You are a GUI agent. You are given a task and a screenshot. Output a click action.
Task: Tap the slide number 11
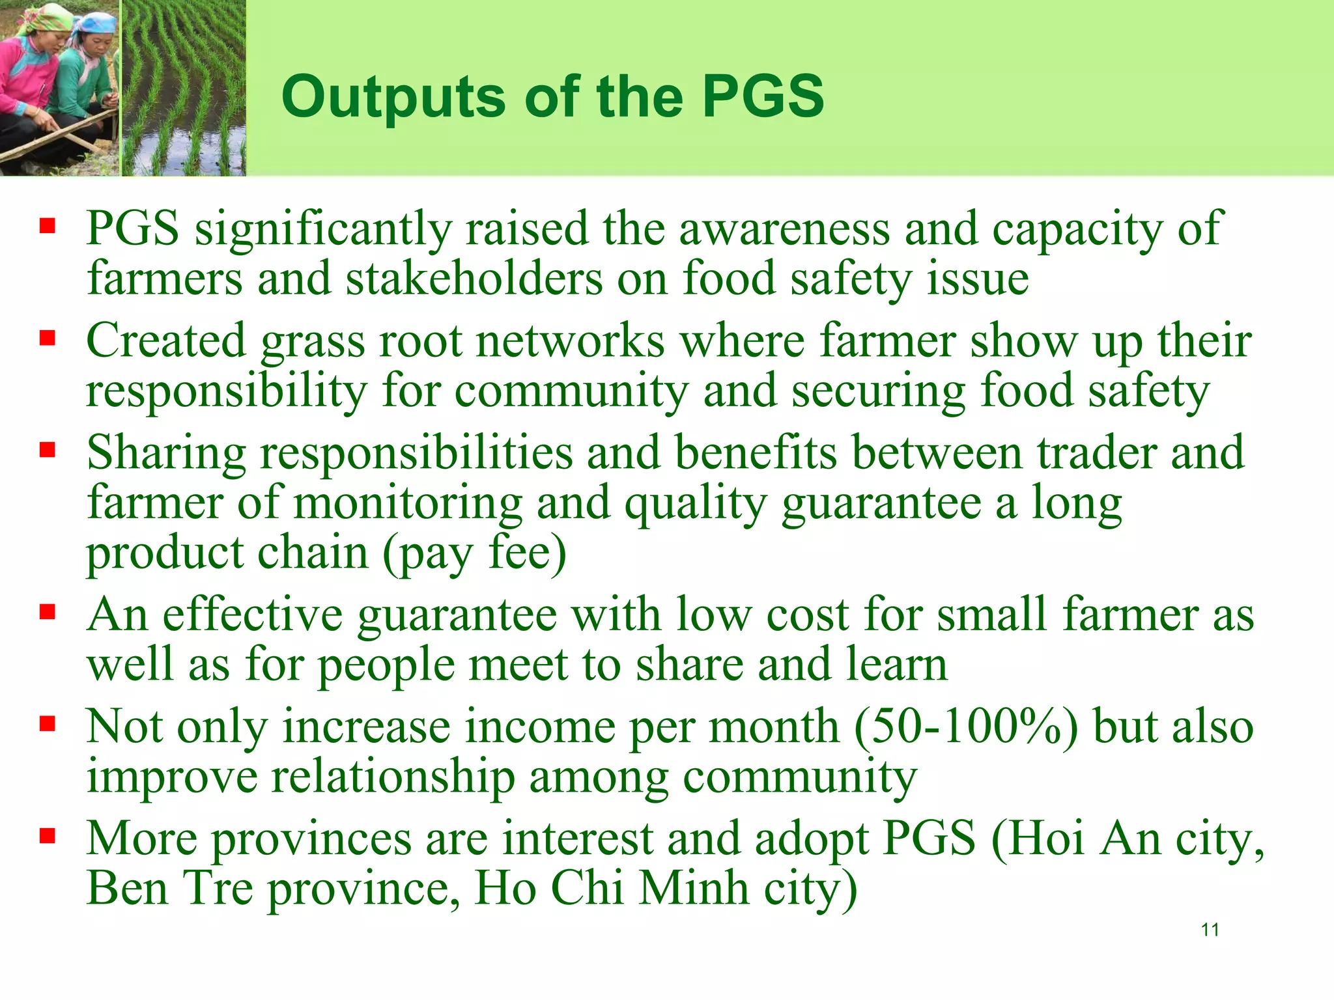point(1210,930)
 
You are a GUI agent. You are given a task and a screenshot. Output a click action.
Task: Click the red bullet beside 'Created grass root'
point(48,338)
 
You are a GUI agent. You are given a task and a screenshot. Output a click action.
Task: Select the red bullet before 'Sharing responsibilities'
point(48,450)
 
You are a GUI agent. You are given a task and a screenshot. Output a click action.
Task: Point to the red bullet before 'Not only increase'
point(48,723)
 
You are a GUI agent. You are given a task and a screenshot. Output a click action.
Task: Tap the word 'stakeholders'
point(474,279)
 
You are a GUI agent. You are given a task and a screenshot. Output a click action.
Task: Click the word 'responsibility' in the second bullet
point(227,392)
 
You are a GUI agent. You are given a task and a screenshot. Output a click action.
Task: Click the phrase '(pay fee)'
point(474,554)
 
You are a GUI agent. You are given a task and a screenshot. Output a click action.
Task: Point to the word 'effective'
point(253,615)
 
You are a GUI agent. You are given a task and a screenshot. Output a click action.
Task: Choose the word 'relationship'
point(393,777)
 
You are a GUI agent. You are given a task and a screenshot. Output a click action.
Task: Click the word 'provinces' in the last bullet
point(312,839)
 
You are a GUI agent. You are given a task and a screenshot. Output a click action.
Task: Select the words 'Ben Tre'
point(170,888)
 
